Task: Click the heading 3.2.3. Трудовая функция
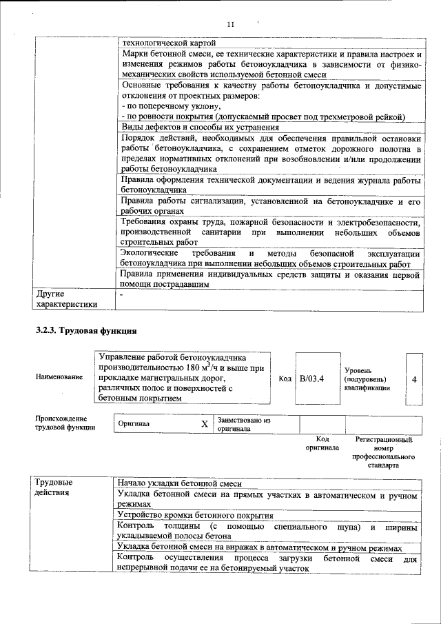coord(86,331)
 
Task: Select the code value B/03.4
coord(312,379)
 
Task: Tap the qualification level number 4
coord(413,379)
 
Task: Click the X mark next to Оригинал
coord(204,424)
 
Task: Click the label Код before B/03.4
coord(285,379)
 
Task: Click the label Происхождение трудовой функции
coord(61,423)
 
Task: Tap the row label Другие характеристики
coord(66,299)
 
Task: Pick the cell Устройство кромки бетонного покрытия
coord(196,515)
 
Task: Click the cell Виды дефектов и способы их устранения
coord(200,127)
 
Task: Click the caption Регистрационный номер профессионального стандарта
coord(383,452)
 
